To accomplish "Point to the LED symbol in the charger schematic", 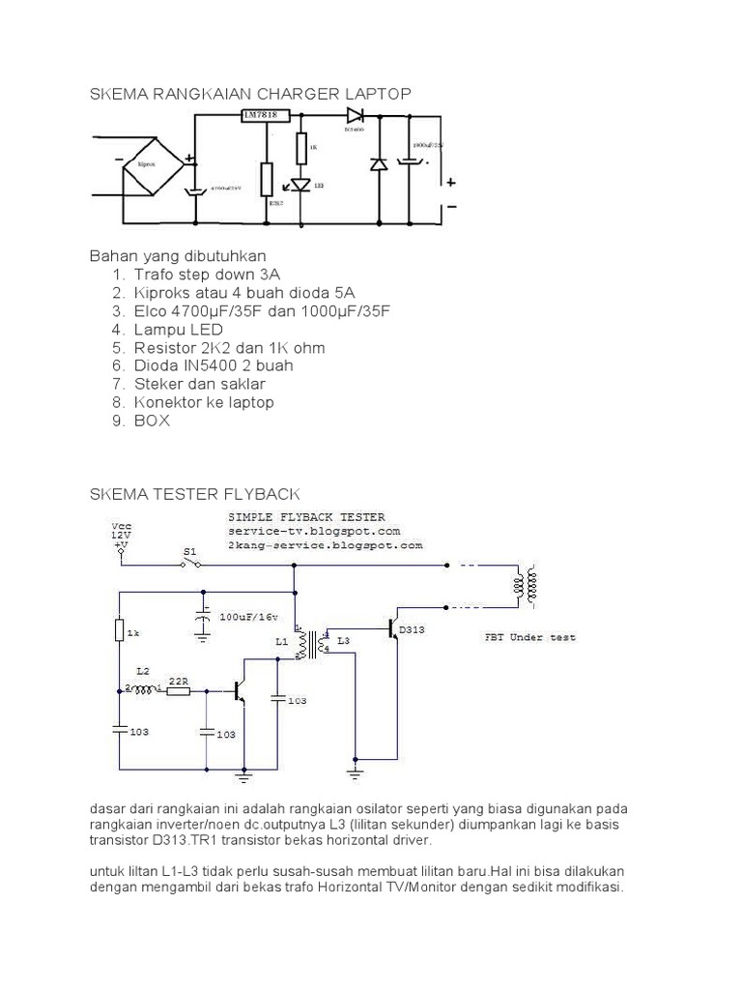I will (x=300, y=184).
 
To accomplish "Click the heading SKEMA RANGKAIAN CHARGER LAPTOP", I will (x=250, y=93).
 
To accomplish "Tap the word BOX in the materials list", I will (x=153, y=421).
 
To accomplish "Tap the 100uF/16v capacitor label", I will (x=248, y=616).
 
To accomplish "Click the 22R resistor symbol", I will (x=178, y=690).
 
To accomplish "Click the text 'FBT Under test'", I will (x=529, y=637).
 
